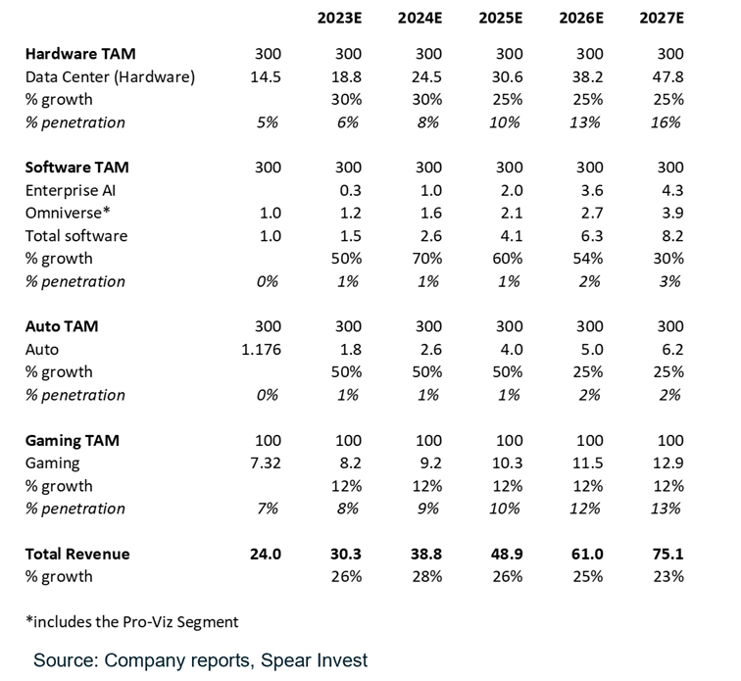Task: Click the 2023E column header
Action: (339, 19)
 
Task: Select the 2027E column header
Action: (662, 19)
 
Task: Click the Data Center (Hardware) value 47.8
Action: (669, 76)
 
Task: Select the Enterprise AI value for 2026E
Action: (589, 190)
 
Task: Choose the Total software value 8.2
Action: (669, 235)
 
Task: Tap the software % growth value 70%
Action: (428, 259)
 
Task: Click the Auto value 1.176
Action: (261, 349)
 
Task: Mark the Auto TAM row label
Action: (62, 326)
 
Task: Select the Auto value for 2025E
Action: (509, 349)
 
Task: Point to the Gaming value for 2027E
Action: (669, 463)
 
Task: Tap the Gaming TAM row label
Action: (72, 441)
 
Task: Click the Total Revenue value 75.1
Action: (669, 554)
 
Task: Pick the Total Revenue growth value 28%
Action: (428, 576)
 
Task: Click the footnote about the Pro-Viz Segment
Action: (131, 621)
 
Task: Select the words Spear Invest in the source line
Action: (314, 660)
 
